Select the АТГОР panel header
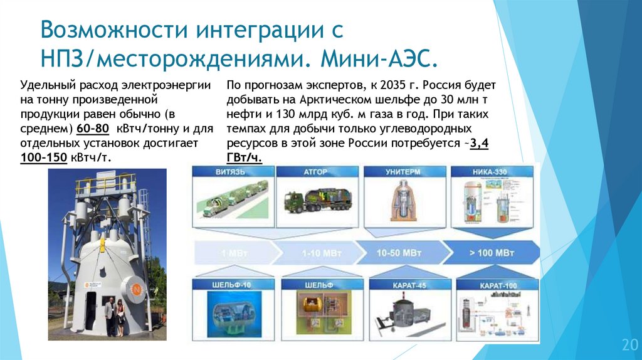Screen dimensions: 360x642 [313, 171]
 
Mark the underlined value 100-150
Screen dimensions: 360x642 [43, 157]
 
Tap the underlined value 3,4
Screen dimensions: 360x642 [479, 144]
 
